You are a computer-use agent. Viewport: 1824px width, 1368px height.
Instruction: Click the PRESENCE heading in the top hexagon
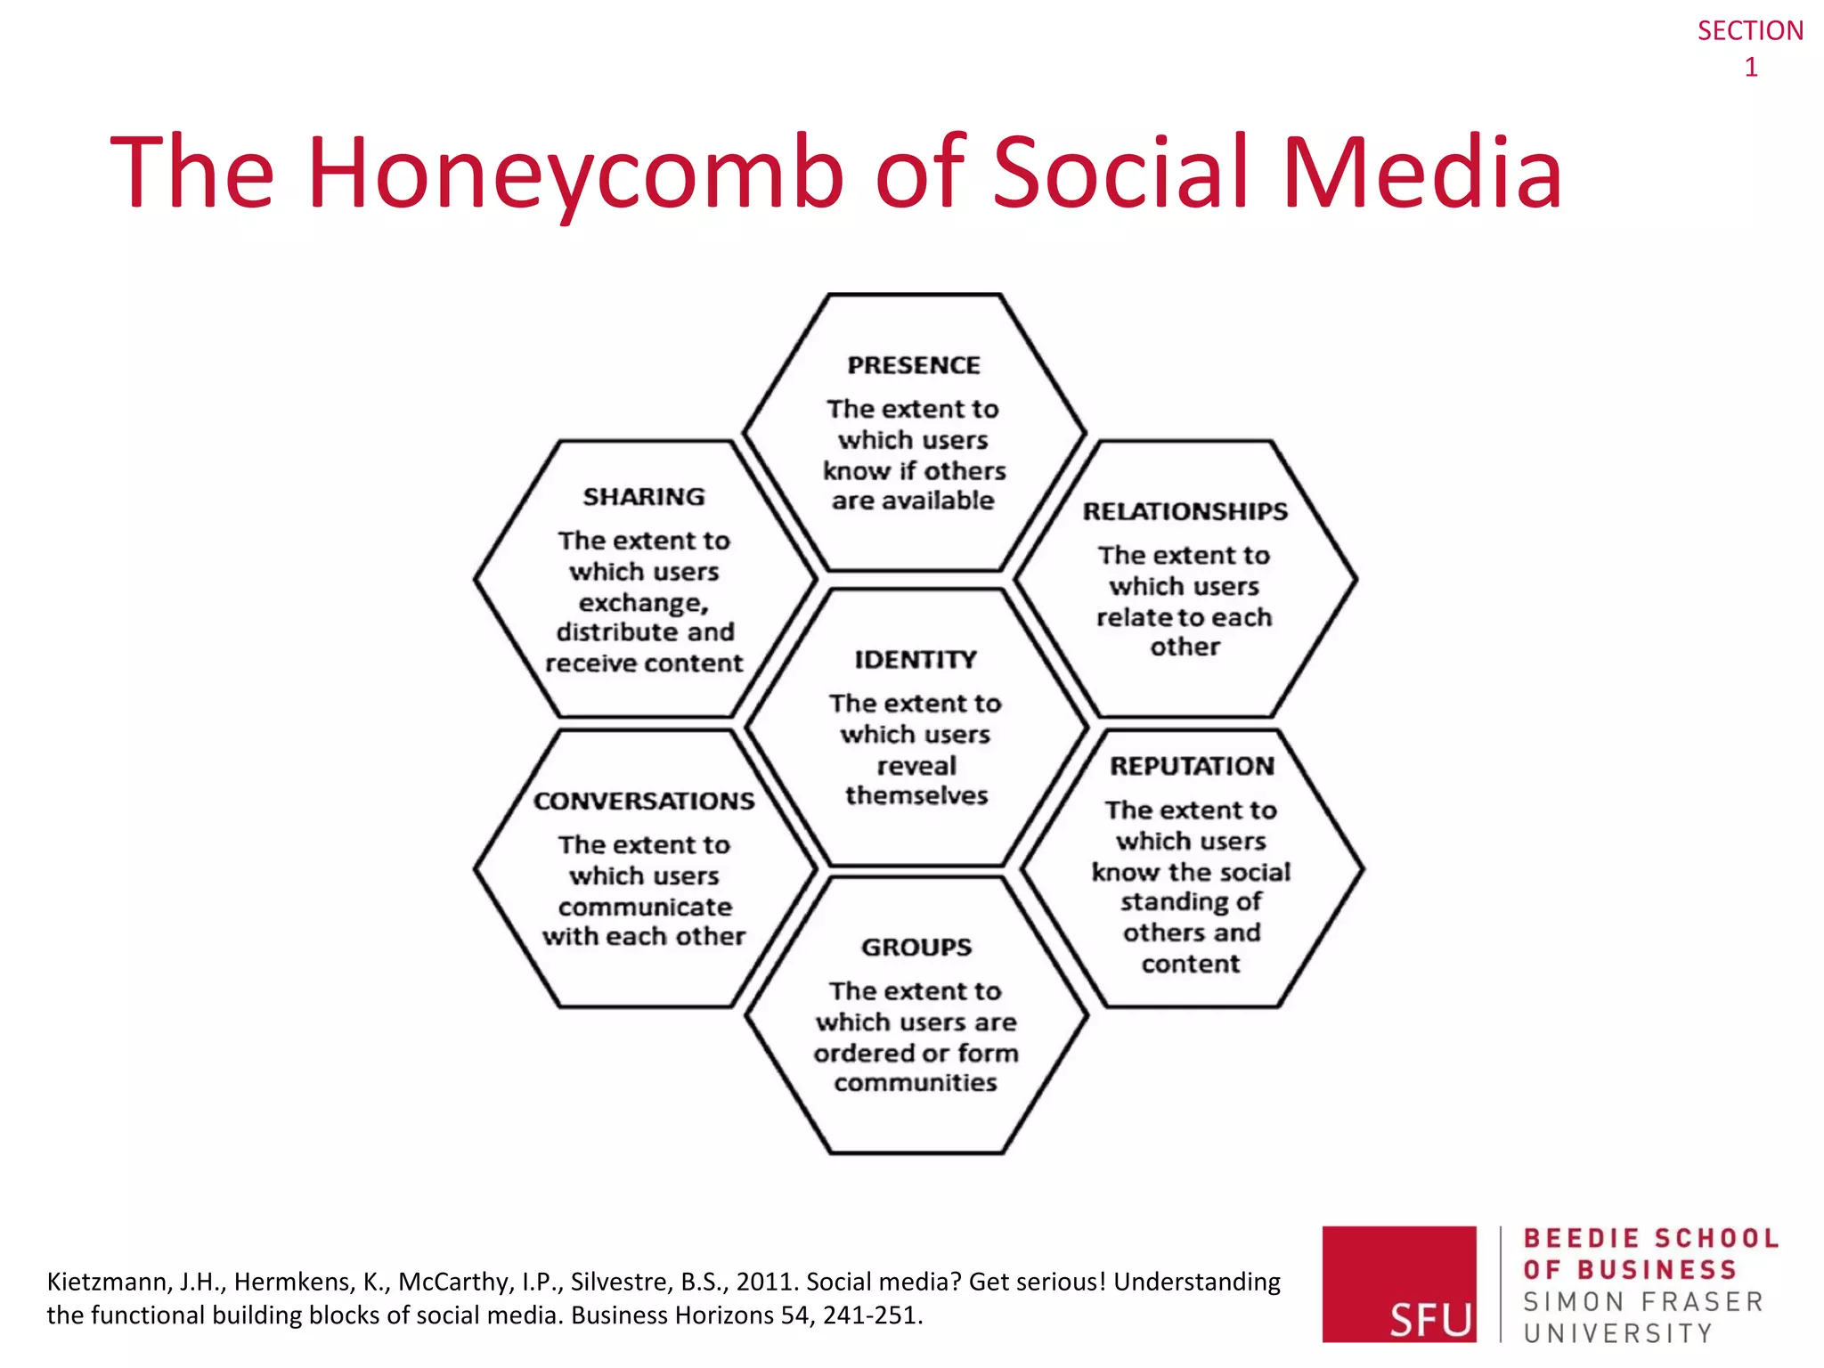(913, 365)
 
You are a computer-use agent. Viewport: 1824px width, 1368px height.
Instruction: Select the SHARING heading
(643, 497)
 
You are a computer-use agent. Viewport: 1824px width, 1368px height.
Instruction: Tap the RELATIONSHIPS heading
(1185, 511)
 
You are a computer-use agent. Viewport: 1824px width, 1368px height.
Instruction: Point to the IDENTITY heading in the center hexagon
(916, 660)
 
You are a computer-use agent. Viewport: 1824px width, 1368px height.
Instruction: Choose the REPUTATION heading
(1192, 766)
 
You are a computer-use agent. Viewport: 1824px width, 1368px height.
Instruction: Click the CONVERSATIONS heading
(643, 801)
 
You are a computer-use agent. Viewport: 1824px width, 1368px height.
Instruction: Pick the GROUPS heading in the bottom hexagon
(916, 947)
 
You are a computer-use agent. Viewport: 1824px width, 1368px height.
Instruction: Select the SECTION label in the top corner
(1749, 31)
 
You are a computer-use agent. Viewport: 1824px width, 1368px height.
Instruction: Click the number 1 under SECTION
(1750, 68)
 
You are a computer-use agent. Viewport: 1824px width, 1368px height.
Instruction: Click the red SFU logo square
(1398, 1283)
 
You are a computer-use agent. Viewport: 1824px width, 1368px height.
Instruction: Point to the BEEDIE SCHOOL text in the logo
(1650, 1239)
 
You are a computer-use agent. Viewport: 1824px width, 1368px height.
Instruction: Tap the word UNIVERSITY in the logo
(1617, 1333)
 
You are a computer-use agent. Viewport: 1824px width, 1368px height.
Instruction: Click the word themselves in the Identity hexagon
(916, 795)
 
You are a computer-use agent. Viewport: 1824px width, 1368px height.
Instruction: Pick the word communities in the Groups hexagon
(916, 1083)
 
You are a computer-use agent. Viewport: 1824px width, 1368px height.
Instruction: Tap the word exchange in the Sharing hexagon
(641, 603)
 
